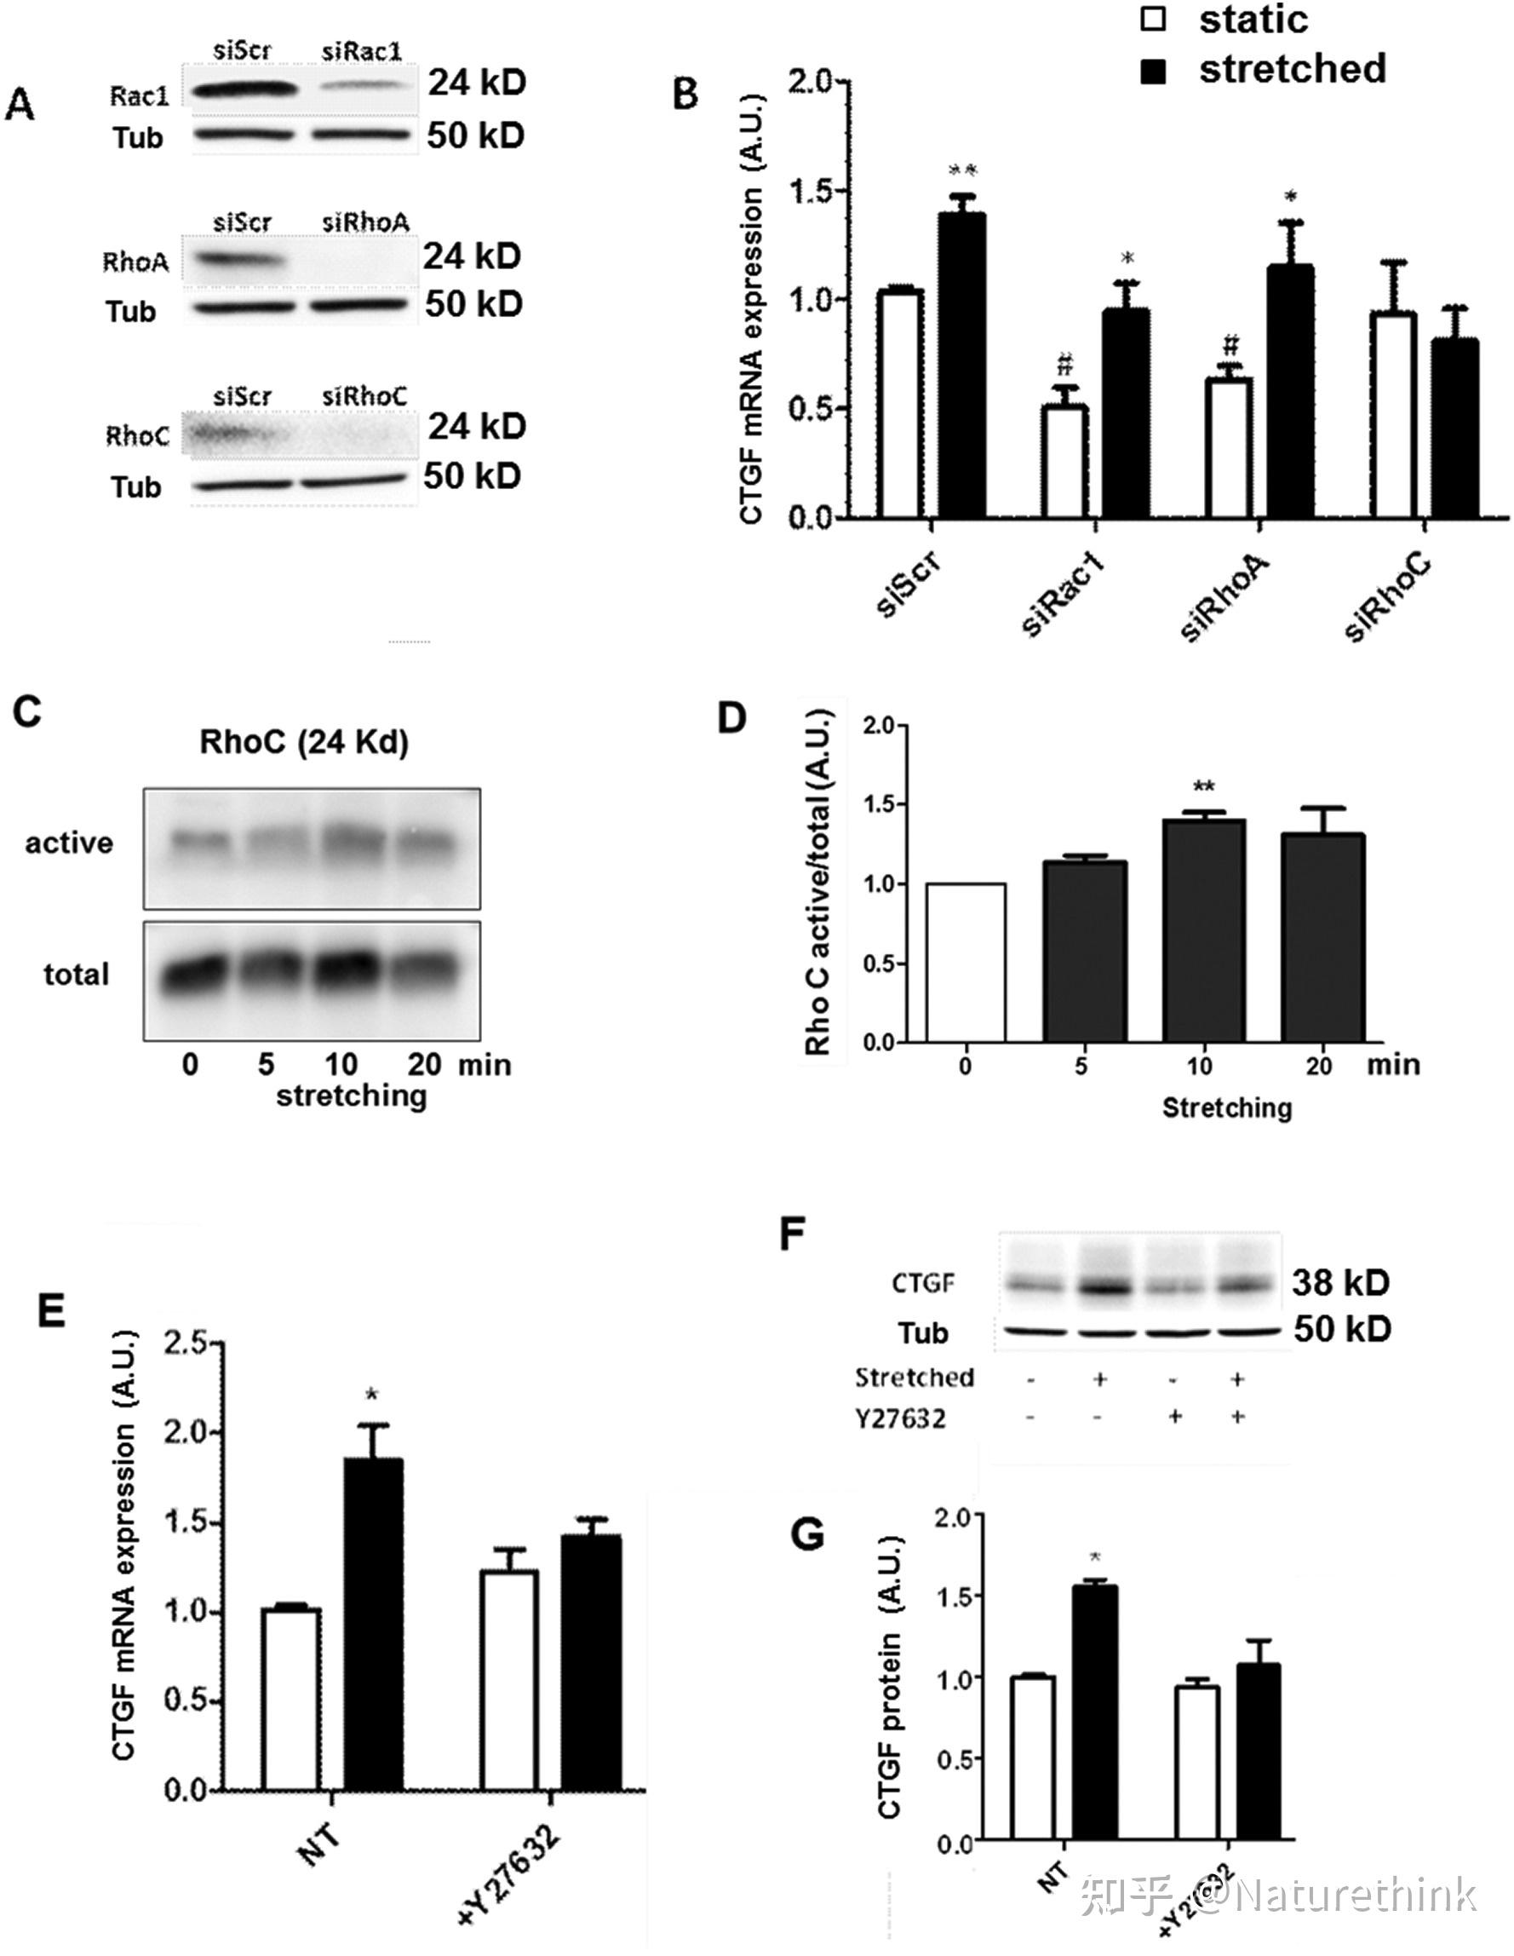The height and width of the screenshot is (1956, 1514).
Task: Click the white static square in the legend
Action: click(1154, 19)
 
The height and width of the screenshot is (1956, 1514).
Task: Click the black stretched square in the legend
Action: click(1154, 71)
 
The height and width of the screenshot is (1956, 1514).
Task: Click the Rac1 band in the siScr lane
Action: click(244, 89)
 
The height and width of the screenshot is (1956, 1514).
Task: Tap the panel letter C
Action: click(27, 712)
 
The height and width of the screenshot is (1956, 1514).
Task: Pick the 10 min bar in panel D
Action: click(1203, 931)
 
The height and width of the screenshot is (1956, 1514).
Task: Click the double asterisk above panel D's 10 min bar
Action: click(1203, 787)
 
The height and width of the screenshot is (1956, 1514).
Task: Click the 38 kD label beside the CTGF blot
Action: click(1340, 1282)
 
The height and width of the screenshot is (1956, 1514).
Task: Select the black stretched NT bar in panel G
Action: click(1095, 1712)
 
